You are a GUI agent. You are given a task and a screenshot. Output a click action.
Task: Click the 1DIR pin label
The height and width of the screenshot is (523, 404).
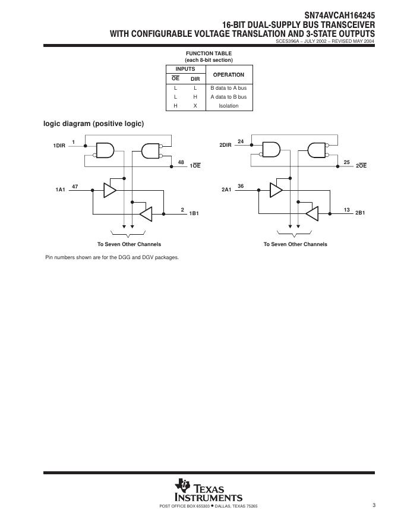[59, 145]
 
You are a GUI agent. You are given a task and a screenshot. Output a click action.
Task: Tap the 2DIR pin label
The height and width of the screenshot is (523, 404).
[225, 145]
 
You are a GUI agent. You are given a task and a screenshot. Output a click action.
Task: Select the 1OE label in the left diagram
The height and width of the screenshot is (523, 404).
[195, 166]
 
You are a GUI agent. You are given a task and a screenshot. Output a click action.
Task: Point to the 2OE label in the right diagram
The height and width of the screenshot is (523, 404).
[361, 166]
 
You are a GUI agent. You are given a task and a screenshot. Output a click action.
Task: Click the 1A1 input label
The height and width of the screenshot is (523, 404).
[60, 190]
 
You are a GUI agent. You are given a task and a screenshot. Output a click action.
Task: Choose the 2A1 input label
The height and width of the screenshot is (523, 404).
[226, 190]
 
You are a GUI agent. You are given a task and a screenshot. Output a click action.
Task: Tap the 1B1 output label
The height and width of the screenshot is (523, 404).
[194, 213]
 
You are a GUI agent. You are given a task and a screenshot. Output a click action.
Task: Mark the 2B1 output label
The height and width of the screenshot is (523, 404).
[360, 213]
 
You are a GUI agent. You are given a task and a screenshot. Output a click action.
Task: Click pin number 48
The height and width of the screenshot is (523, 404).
[181, 162]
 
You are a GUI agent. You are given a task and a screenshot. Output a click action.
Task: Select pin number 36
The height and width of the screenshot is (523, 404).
[241, 186]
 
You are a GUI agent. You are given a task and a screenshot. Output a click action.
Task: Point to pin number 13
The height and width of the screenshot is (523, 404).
[347, 209]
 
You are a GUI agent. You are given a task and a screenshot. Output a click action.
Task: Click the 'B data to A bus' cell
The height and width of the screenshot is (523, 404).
[228, 87]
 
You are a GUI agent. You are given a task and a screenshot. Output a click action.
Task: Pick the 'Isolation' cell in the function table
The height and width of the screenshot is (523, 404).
[228, 106]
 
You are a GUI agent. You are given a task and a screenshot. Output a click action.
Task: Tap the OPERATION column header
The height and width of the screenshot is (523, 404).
[228, 75]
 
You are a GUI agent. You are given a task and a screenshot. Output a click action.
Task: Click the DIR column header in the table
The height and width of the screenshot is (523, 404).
[195, 79]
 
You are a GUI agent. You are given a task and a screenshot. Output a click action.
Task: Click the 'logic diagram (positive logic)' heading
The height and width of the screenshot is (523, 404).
[93, 124]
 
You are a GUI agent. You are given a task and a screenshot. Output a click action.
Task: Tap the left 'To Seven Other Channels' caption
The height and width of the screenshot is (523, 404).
[129, 244]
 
